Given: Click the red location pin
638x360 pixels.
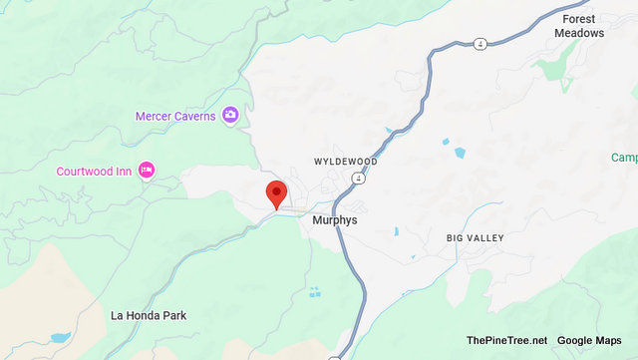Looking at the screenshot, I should click(x=276, y=191).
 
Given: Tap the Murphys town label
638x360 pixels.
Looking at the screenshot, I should click(x=334, y=219).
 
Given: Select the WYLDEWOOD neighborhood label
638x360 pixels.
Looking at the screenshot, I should click(x=346, y=161).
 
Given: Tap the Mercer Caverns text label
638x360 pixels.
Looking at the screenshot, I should click(x=175, y=117).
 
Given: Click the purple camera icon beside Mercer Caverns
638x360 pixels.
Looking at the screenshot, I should click(x=230, y=116).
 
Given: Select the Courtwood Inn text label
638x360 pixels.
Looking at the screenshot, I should click(x=94, y=171).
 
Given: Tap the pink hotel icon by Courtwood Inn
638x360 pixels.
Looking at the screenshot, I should click(x=147, y=171).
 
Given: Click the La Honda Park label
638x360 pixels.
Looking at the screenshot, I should click(x=148, y=315).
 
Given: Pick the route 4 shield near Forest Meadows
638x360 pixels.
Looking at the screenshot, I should click(x=479, y=43).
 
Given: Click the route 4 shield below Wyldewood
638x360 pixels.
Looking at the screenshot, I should click(x=356, y=178).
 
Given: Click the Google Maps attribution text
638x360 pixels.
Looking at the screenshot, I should click(x=589, y=341).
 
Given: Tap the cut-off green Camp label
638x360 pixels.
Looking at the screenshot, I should click(x=624, y=158).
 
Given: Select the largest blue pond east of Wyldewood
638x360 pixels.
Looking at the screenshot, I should click(x=459, y=154).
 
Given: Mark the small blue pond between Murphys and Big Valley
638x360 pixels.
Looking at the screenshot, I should click(x=397, y=231).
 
